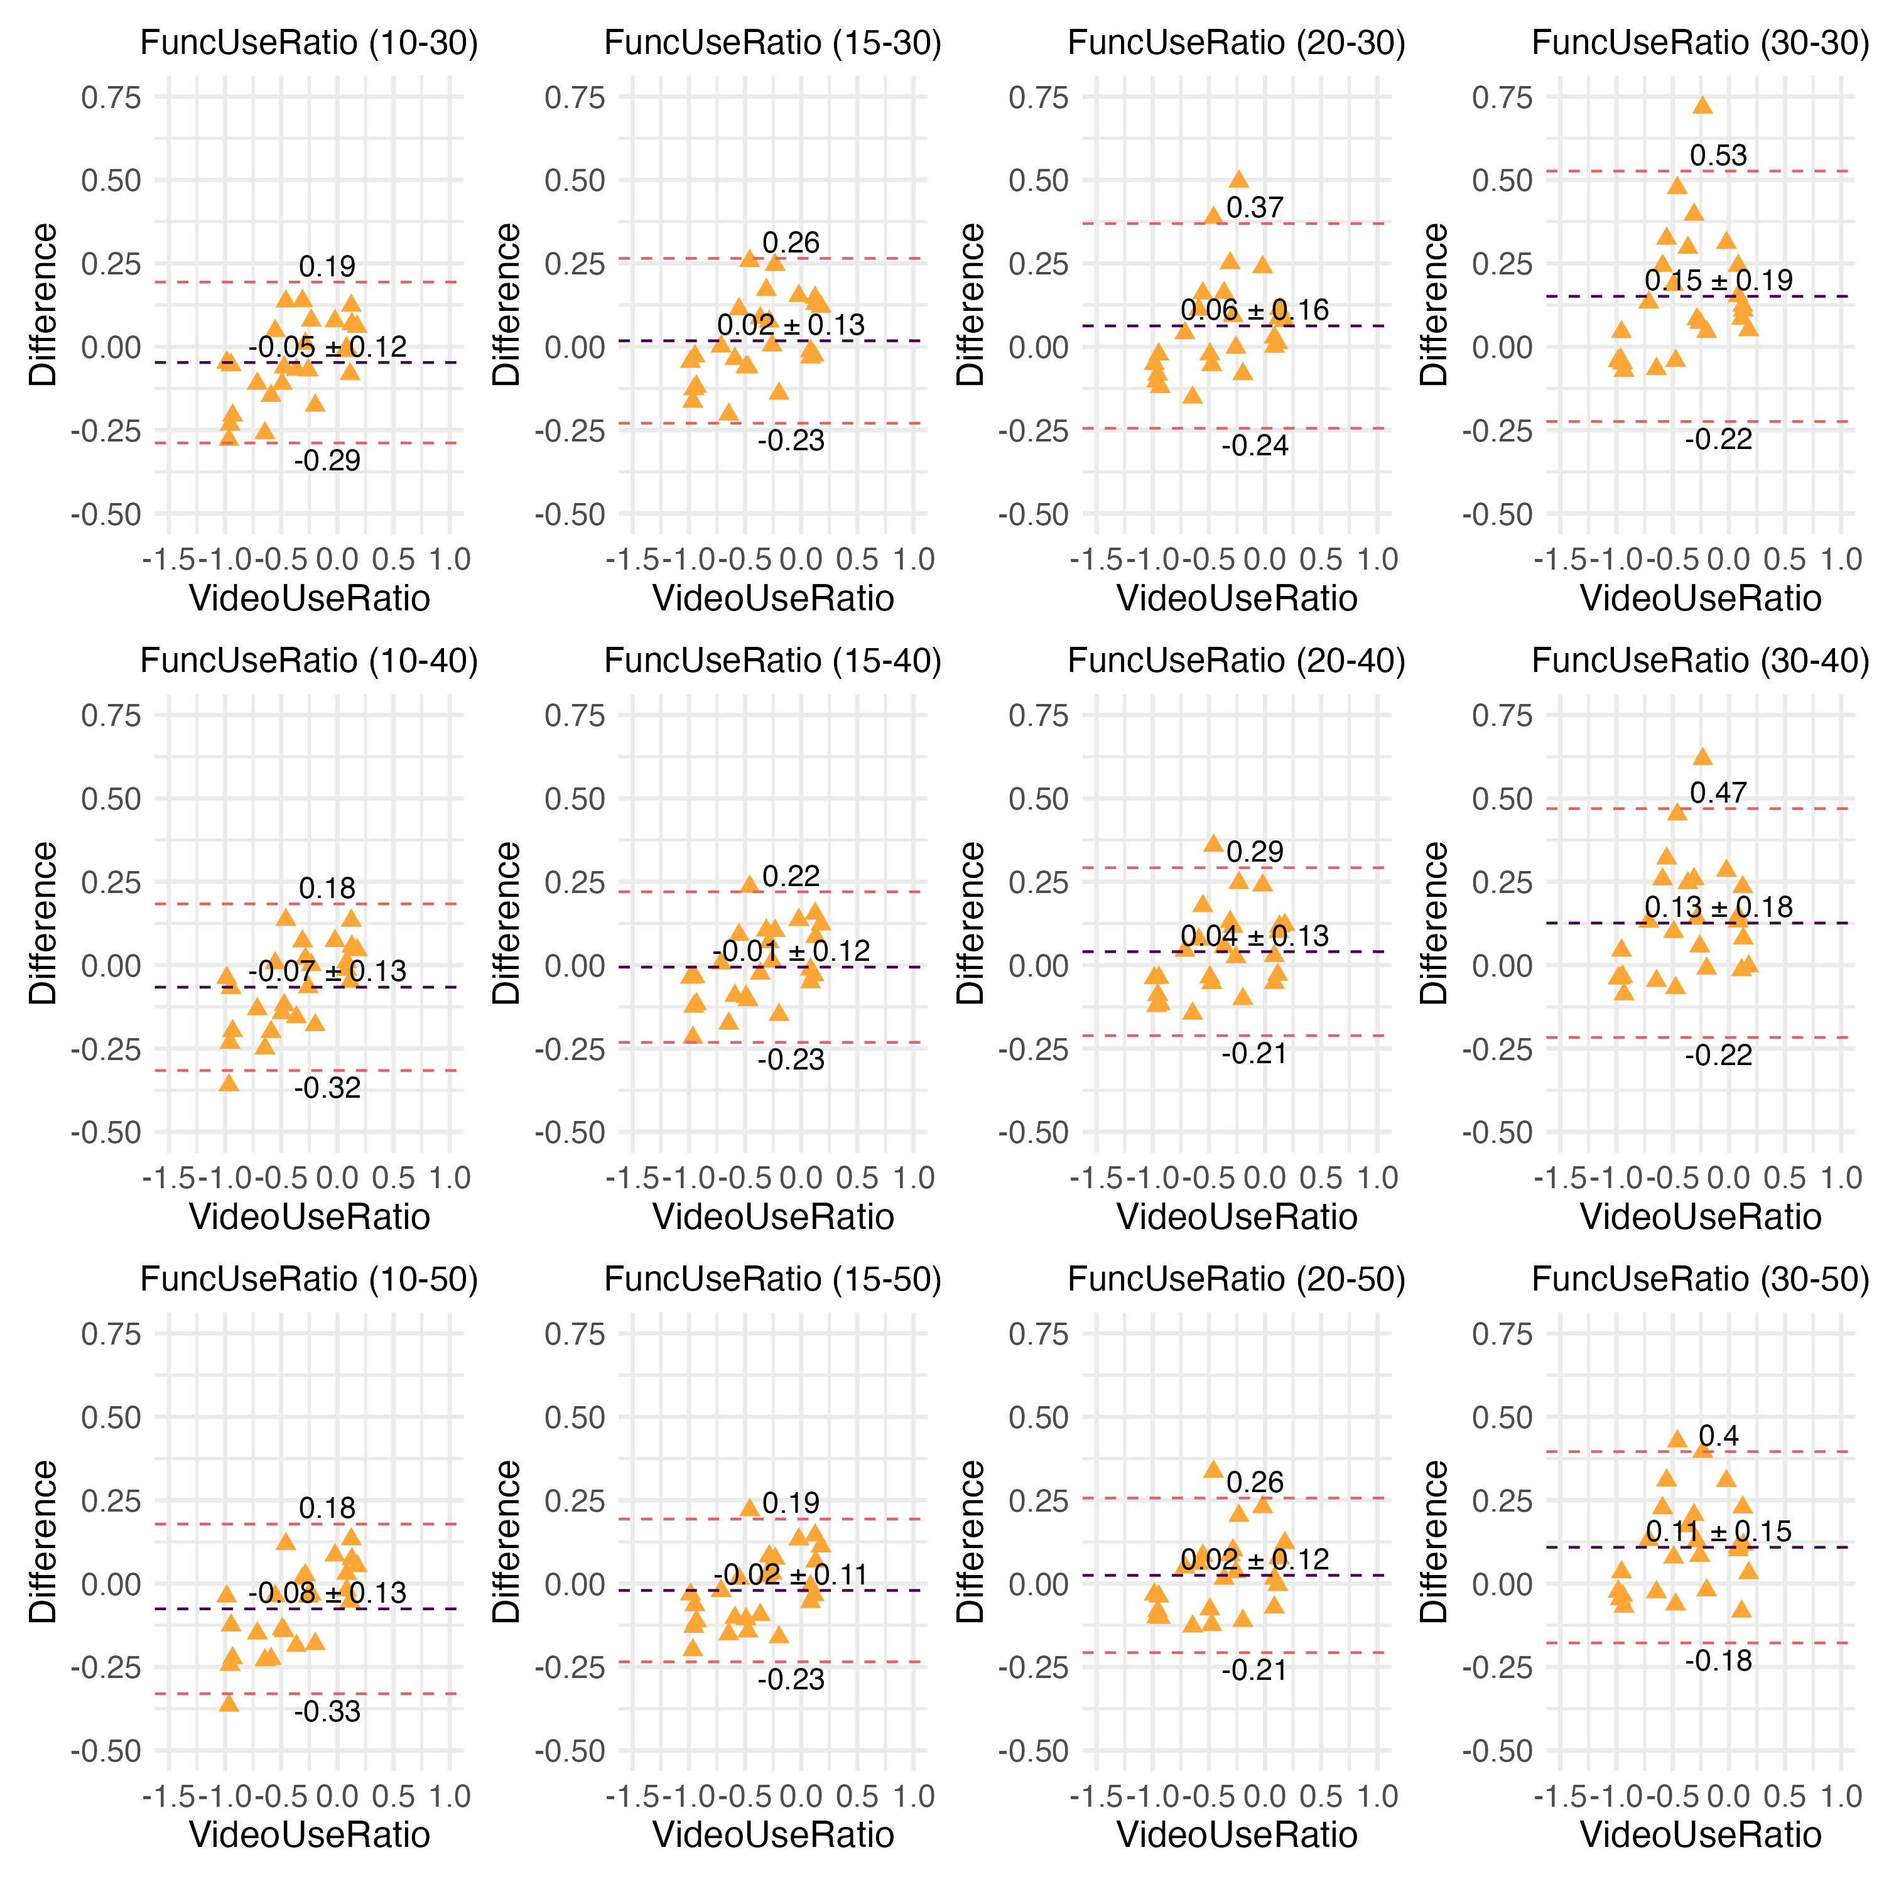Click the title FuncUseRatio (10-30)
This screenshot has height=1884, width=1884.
click(309, 43)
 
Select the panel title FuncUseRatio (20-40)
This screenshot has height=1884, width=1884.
click(1237, 661)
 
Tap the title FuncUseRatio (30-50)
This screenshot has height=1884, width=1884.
click(1701, 1279)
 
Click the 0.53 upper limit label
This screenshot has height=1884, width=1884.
click(1718, 156)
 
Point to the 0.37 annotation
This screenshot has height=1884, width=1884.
click(1255, 208)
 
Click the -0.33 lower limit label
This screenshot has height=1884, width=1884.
click(328, 1711)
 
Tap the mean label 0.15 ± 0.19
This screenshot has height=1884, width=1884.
click(1718, 281)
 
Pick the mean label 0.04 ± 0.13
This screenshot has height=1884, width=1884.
click(1255, 936)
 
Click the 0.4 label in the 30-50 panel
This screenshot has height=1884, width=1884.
click(1718, 1436)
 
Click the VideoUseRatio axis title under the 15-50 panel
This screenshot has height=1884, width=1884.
click(773, 1835)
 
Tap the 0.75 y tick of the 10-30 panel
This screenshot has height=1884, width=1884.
click(111, 97)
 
